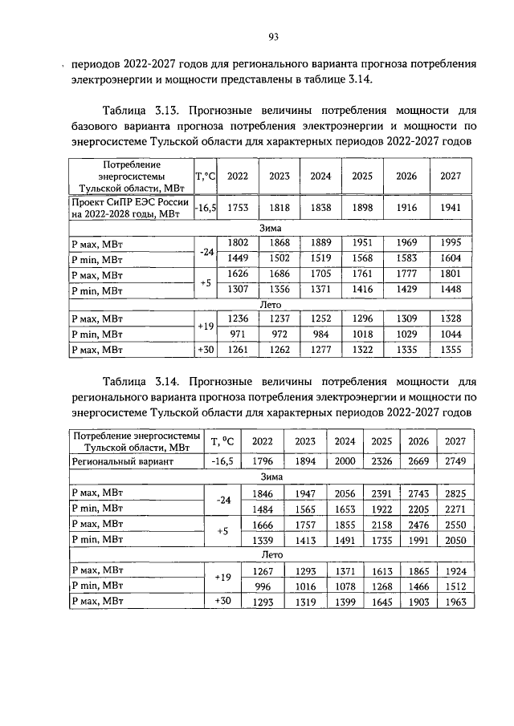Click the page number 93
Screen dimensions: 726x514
tap(272, 36)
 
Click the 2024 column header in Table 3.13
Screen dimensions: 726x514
tap(321, 176)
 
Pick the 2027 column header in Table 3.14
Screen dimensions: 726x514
tap(455, 441)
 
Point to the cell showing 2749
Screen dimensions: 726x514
tap(455, 462)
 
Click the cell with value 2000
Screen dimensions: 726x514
tap(344, 462)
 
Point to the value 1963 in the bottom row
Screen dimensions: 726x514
tap(455, 602)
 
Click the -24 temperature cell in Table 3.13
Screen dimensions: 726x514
tap(206, 250)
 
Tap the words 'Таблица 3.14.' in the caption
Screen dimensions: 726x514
tap(140, 379)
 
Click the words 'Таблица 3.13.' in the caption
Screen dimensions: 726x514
tap(140, 108)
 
